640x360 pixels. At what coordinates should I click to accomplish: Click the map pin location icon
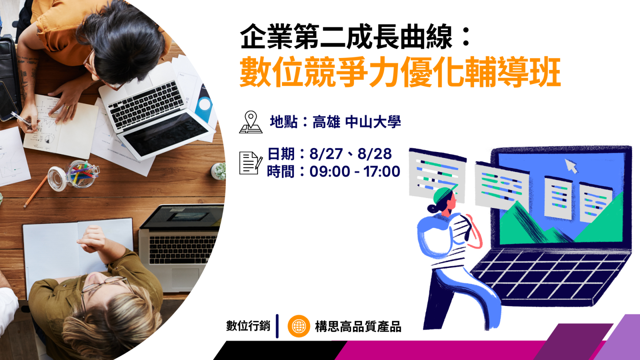pyautogui.click(x=250, y=122)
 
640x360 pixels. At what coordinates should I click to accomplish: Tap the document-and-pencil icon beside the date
pyautogui.click(x=251, y=163)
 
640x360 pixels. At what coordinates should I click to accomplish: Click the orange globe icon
pyautogui.click(x=299, y=326)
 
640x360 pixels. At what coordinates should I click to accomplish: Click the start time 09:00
pyautogui.click(x=330, y=172)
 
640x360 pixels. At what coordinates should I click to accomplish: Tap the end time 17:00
pyautogui.click(x=382, y=172)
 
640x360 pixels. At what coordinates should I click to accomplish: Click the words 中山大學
pyautogui.click(x=373, y=122)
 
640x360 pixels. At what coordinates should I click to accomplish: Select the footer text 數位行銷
pyautogui.click(x=248, y=326)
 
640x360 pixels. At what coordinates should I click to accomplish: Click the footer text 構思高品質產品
pyautogui.click(x=358, y=326)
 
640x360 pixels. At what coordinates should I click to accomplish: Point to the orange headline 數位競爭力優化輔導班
pyautogui.click(x=400, y=72)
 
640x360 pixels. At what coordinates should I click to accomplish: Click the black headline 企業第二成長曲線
pyautogui.click(x=346, y=36)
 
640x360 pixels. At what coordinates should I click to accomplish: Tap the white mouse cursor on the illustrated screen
pyautogui.click(x=571, y=166)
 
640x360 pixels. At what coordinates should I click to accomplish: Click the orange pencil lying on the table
pyautogui.click(x=36, y=191)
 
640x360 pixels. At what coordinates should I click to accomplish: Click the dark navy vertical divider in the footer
pyautogui.click(x=277, y=326)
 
